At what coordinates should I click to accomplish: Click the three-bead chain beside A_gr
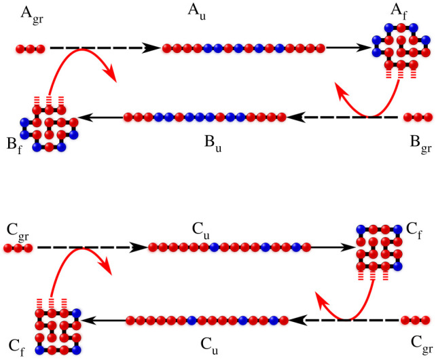[x=31, y=49]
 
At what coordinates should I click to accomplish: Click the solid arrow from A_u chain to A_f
[x=350, y=48]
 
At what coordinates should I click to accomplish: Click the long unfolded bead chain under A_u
[x=244, y=48]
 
